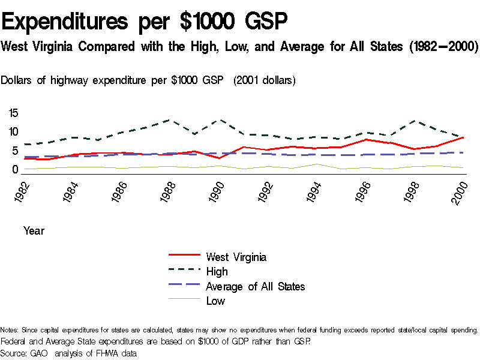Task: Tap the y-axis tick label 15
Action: point(13,113)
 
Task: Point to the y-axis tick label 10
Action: point(13,132)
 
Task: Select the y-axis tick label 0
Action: point(16,170)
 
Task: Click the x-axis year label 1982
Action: point(22,193)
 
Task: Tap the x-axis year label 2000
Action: point(460,193)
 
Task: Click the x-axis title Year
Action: point(34,230)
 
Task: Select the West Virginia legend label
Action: point(236,257)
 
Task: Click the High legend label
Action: point(217,272)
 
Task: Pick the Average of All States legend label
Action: point(255,286)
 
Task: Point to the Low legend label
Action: point(215,301)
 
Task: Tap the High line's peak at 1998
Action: point(413,121)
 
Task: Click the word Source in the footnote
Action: point(13,353)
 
